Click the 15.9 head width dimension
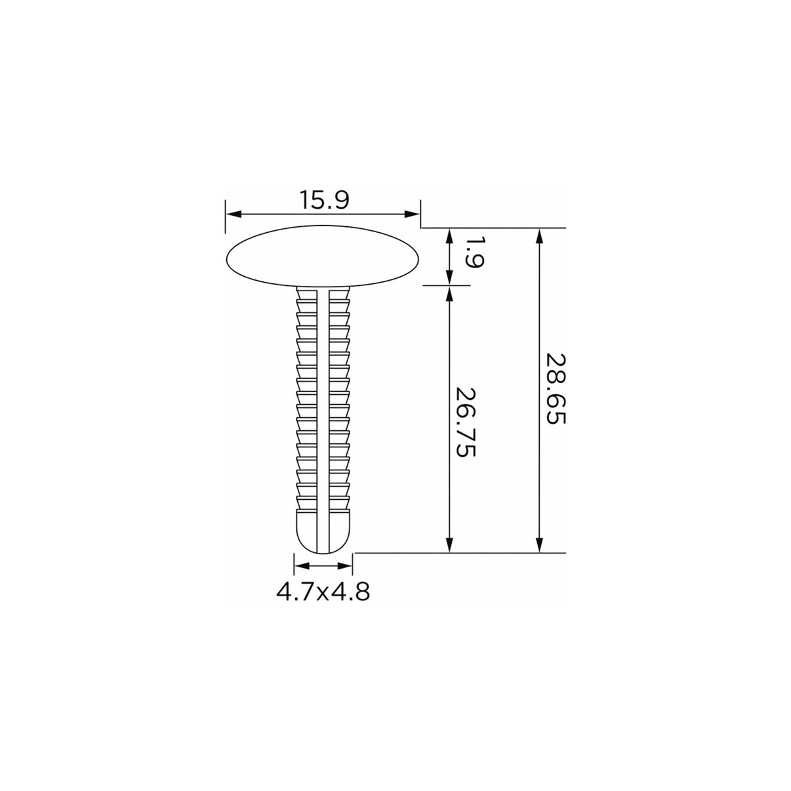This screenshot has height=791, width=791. pyautogui.click(x=324, y=200)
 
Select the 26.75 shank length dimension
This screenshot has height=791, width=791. pyautogui.click(x=465, y=423)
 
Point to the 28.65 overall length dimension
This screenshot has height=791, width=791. pyautogui.click(x=556, y=389)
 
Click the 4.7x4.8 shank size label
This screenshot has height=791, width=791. pyautogui.click(x=323, y=592)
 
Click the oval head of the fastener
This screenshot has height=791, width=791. pyautogui.click(x=323, y=256)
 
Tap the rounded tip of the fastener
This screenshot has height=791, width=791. pyautogui.click(x=324, y=532)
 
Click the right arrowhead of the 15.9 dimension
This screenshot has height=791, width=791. pyautogui.click(x=412, y=214)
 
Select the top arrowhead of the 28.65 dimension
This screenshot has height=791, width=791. pyautogui.click(x=540, y=236)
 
